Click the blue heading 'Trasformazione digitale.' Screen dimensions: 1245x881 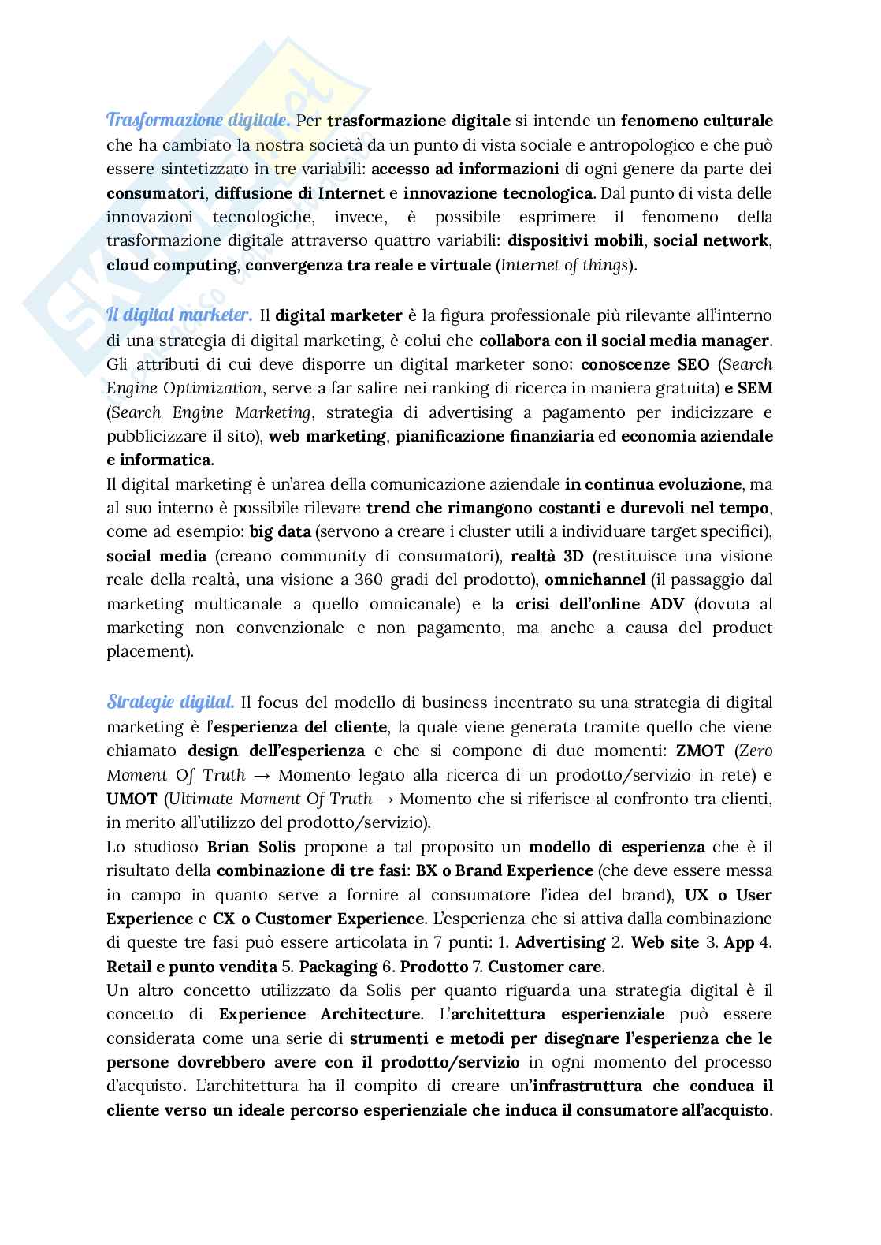tap(199, 121)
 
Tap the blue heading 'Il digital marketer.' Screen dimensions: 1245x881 tap(180, 315)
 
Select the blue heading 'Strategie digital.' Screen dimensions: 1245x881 tap(170, 702)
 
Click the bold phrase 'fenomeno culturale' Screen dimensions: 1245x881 tap(697, 121)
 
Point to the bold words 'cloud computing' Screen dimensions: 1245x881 tap(171, 265)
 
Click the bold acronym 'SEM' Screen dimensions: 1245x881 tap(756, 388)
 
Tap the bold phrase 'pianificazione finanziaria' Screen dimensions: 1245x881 tap(495, 436)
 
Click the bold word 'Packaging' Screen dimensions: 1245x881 tap(339, 966)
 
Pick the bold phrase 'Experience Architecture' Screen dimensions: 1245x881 tap(319, 1014)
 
